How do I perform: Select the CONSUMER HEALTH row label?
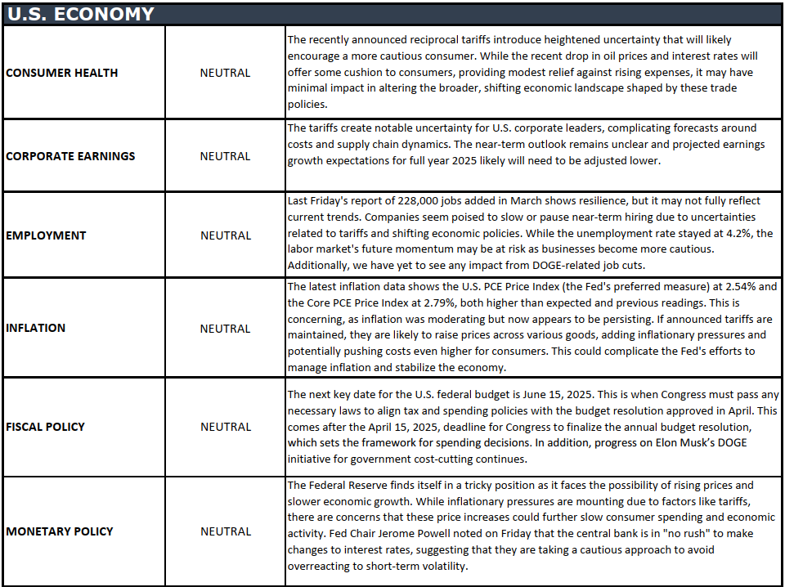click(x=61, y=73)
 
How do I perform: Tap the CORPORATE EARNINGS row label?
click(x=70, y=156)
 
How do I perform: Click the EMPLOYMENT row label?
click(x=46, y=235)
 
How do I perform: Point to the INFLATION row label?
click(x=35, y=329)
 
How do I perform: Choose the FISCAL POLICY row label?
click(x=45, y=427)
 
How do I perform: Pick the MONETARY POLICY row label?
click(x=60, y=531)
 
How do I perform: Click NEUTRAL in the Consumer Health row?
click(x=225, y=73)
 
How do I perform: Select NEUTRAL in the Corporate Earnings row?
click(x=225, y=156)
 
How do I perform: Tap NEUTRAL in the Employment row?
click(x=225, y=235)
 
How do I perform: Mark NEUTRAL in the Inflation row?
click(x=225, y=329)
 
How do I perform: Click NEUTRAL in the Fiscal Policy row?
click(x=225, y=427)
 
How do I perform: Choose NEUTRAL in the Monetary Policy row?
click(x=225, y=531)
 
